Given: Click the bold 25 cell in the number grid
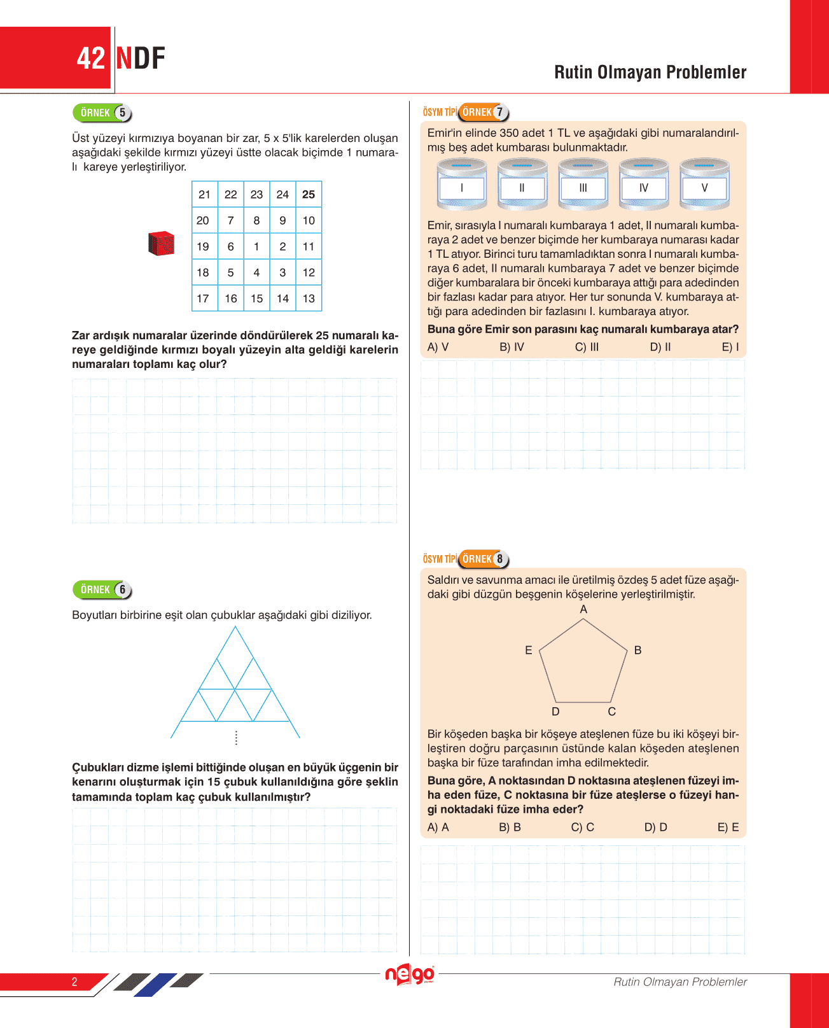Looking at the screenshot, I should pos(309,195).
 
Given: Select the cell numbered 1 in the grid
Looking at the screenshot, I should pos(256,246).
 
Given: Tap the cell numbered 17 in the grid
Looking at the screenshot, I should pos(203,299).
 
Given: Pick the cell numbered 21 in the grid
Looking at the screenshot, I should pos(204,195).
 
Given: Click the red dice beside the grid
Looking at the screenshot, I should pos(162,244).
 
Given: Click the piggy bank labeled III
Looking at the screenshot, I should pos(583,185).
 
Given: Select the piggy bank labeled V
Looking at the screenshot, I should pos(704,185).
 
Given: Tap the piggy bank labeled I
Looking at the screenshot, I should pos(462,185).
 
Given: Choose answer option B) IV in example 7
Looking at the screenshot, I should pos(512,347).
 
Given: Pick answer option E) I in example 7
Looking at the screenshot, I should pos(730,347).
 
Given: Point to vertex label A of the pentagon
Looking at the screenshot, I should pos(583,609).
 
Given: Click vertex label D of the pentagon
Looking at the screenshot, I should pos(555,712).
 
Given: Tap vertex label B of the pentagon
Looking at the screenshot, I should pos(637,650).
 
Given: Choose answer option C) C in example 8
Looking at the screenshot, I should pos(582,827).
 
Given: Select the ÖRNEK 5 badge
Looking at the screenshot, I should pos(102,113).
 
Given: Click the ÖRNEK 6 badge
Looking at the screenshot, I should pos(102,589).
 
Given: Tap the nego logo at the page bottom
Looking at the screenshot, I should pos(410,975).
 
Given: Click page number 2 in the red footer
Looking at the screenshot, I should pos(74,982).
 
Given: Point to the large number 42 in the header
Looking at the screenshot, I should pos(90,59).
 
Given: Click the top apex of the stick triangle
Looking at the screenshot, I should pos(235,627).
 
